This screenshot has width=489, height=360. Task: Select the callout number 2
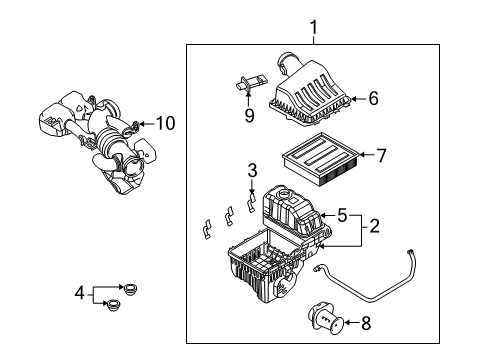(x=374, y=226)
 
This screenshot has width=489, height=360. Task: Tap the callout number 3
(x=252, y=170)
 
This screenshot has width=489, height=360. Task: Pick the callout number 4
(x=79, y=293)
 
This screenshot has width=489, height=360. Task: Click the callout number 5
(x=342, y=215)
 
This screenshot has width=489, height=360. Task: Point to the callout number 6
(x=373, y=98)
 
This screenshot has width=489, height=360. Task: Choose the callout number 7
(x=381, y=155)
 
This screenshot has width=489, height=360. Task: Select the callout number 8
(x=366, y=323)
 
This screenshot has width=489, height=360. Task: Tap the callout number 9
(x=249, y=115)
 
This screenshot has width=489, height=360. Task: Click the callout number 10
(x=165, y=123)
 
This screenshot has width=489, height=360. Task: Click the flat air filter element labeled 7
(x=321, y=159)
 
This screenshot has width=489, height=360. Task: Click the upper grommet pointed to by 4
(x=130, y=289)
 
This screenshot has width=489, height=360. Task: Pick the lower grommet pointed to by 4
(x=113, y=305)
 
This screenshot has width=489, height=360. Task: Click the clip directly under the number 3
(x=251, y=203)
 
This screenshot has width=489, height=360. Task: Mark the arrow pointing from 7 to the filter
(x=367, y=155)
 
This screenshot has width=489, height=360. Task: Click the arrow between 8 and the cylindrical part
(x=351, y=322)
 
